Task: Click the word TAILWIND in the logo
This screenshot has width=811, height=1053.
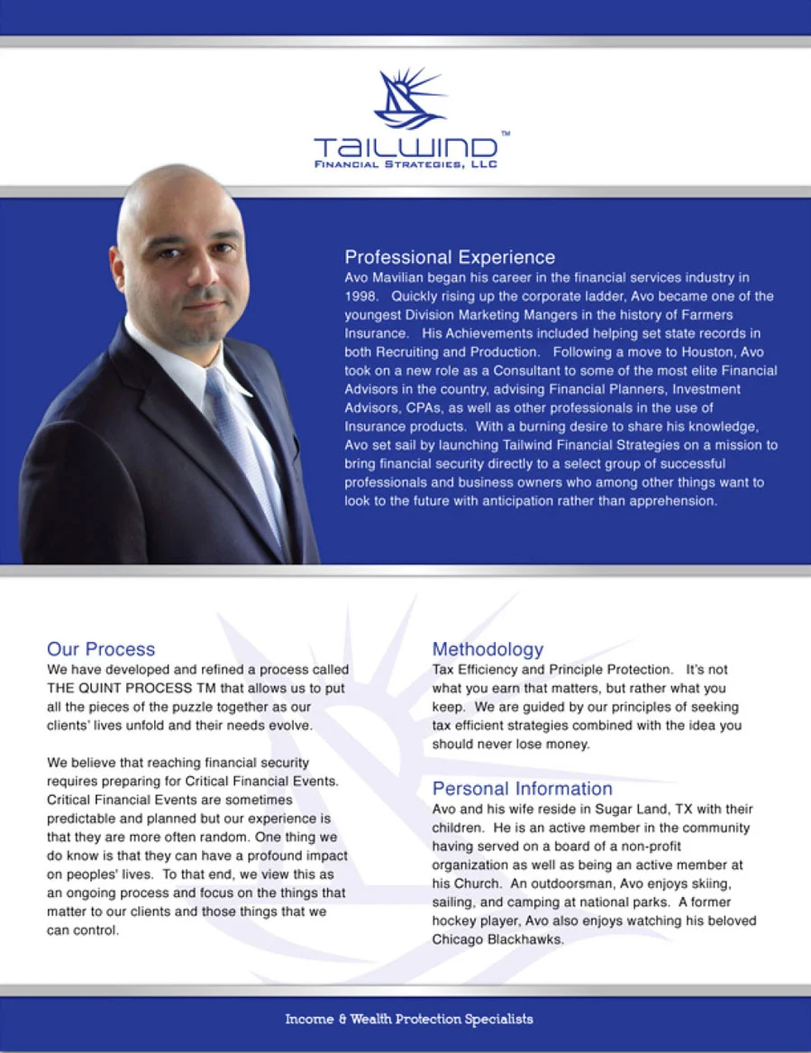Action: coord(405,147)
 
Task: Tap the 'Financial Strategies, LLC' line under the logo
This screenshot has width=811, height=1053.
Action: coord(405,164)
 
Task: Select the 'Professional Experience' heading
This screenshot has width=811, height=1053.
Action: coord(450,258)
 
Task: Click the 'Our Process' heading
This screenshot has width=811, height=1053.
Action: coord(101,649)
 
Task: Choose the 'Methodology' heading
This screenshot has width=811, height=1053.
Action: coord(488,649)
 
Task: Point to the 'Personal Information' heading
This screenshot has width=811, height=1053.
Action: coord(522,789)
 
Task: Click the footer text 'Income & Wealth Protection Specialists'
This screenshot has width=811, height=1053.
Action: coord(409,1020)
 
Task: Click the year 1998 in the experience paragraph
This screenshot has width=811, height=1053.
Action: coord(360,296)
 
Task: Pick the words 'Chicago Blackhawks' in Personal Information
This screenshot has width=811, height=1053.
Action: coord(497,939)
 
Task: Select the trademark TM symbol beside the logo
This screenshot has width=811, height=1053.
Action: coord(505,133)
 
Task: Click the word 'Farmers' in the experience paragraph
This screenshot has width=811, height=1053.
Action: coord(708,315)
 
